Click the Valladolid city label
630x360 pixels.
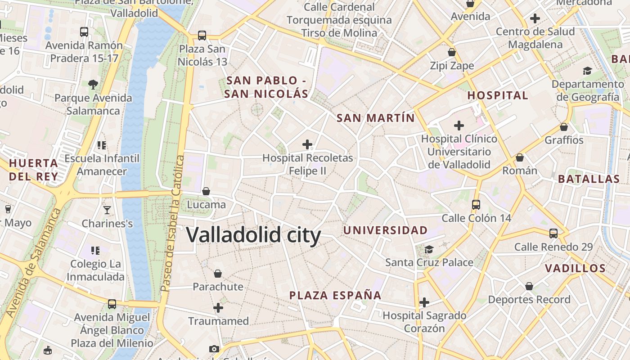[x=253, y=235]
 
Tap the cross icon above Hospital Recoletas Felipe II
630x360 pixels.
[x=307, y=144]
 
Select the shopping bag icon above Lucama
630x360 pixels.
[x=206, y=191]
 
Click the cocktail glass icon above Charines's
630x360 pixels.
[x=107, y=210]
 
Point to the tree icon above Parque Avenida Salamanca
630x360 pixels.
[x=93, y=84]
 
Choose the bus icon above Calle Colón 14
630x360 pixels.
[x=476, y=205]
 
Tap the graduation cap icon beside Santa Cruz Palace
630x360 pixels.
[x=429, y=249]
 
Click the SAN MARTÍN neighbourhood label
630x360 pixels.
[x=376, y=118]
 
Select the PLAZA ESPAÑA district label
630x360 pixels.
[x=335, y=296]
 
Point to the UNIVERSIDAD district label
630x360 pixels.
[x=386, y=230]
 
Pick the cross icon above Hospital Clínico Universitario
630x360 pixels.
[x=459, y=125]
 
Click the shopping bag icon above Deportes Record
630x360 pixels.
[x=529, y=286]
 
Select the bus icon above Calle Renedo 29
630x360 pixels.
[x=553, y=234]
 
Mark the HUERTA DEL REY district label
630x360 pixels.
[x=34, y=170]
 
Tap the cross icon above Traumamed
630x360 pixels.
[x=218, y=308]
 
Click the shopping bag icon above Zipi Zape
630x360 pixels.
[x=452, y=52]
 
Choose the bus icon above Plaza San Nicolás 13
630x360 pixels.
[x=202, y=35]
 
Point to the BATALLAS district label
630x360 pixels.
[x=589, y=179]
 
